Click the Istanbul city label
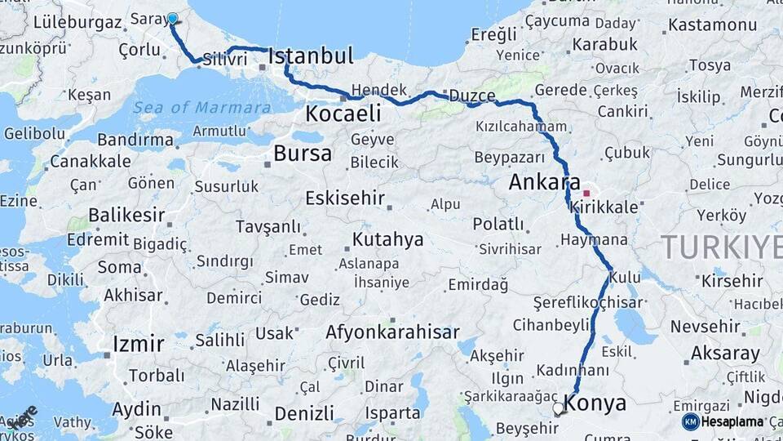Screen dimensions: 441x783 (311, 56)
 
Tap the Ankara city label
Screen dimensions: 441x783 (544, 182)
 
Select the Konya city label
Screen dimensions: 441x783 (595, 403)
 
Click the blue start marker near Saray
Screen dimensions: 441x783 (172, 18)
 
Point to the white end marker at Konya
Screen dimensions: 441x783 (559, 408)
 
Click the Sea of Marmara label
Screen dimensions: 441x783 (201, 107)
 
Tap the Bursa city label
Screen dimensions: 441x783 (303, 153)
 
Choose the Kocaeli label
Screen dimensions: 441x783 (343, 114)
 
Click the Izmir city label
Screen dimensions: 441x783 (139, 343)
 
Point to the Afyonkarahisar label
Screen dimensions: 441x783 (392, 332)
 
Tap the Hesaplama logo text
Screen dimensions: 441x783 (732, 421)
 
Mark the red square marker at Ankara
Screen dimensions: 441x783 (586, 194)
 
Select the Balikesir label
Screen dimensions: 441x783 (126, 216)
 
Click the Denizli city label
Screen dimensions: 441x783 (304, 413)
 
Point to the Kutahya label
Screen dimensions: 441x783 (388, 239)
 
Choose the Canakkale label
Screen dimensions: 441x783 (91, 161)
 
